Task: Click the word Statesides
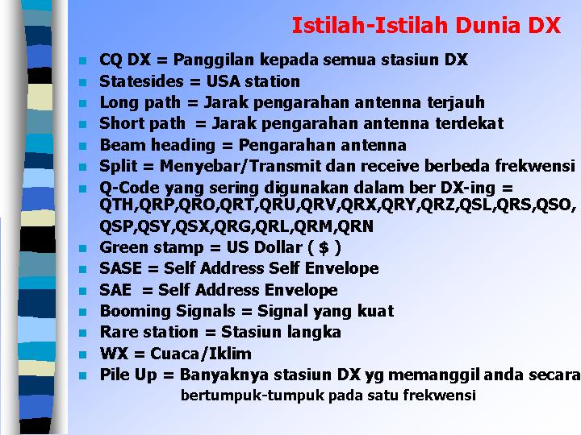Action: coord(141,81)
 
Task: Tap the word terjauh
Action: coord(456,102)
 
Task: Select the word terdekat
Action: coord(470,123)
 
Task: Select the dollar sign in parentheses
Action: coord(324,247)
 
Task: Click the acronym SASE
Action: coord(121,268)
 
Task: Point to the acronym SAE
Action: coord(115,290)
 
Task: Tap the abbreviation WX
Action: coord(114,354)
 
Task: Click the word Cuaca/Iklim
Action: coord(201,354)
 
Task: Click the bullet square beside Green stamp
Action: coord(82,248)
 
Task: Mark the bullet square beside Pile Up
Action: coord(82,376)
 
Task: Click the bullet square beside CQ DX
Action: coord(82,60)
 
